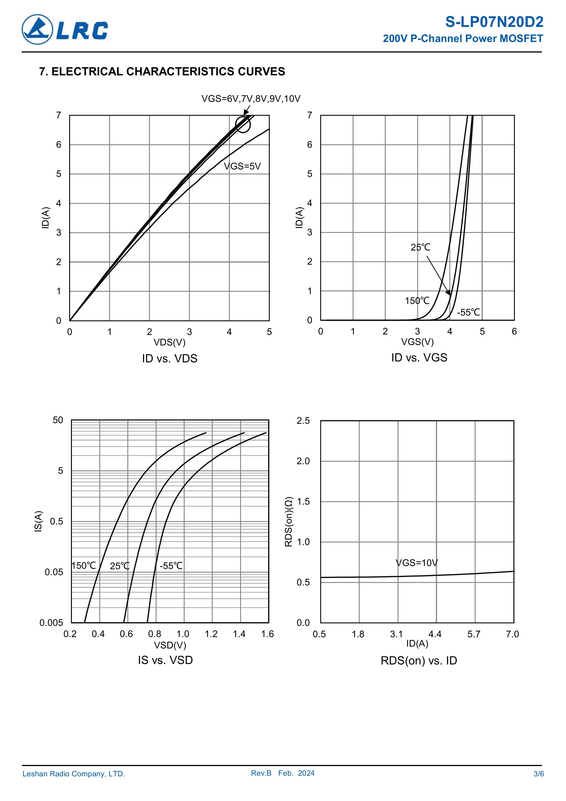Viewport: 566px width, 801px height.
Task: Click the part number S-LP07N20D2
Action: [494, 22]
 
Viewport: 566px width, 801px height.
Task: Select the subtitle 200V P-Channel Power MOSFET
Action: [463, 38]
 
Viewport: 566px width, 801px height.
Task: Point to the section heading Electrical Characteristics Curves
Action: [162, 71]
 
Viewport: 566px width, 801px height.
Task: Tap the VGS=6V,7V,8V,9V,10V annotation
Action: [251, 99]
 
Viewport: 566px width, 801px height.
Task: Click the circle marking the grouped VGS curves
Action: [243, 124]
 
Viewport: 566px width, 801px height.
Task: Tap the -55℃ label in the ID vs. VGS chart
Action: [468, 312]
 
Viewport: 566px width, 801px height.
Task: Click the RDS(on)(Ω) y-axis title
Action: [288, 522]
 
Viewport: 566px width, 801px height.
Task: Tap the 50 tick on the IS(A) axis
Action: [58, 420]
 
